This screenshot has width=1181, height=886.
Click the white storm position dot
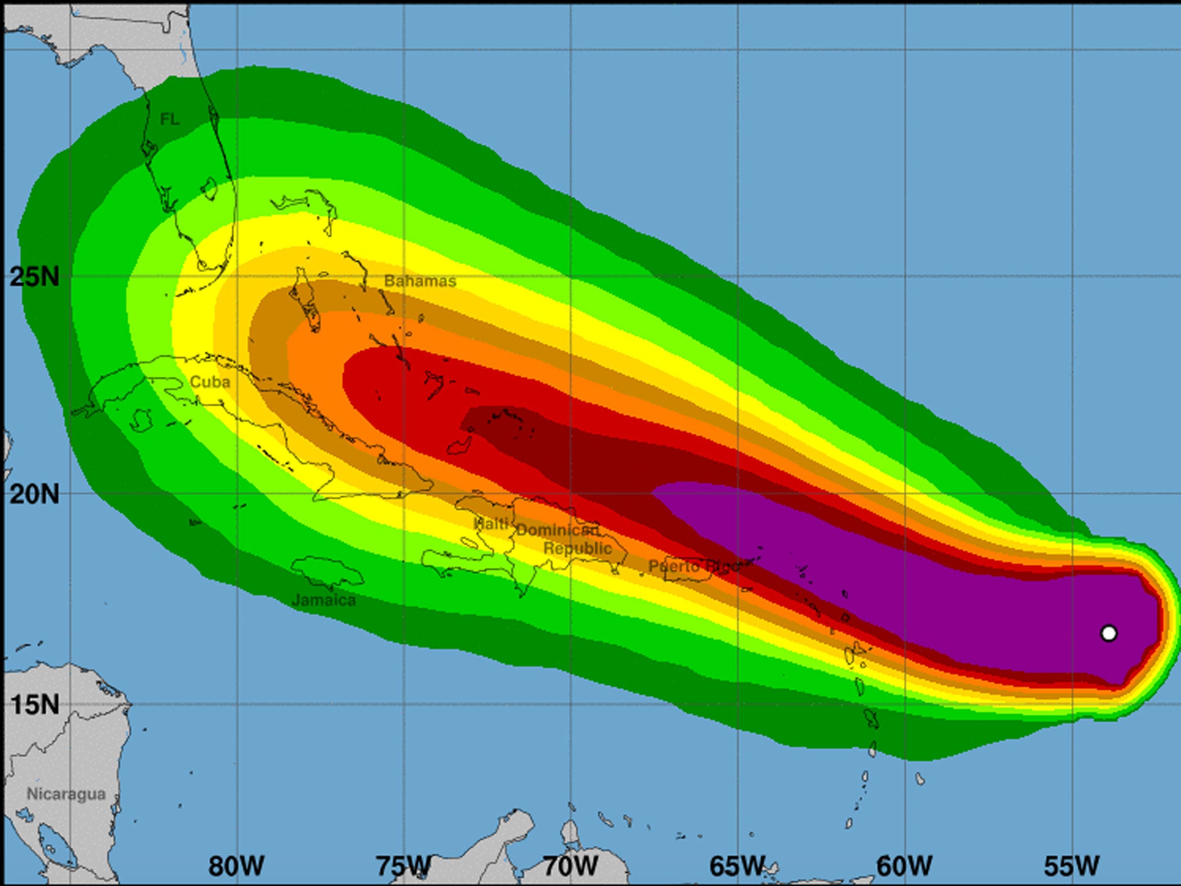pyautogui.click(x=1108, y=633)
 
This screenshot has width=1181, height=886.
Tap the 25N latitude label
pyautogui.click(x=35, y=277)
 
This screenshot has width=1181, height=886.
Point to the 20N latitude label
pyautogui.click(x=35, y=494)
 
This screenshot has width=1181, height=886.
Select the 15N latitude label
pyautogui.click(x=35, y=704)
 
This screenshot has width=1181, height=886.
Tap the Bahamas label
pyautogui.click(x=420, y=281)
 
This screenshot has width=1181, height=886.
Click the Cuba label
pyautogui.click(x=210, y=382)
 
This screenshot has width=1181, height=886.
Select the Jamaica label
pyautogui.click(x=324, y=600)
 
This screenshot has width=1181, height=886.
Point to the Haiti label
pyautogui.click(x=491, y=524)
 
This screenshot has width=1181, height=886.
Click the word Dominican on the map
pyautogui.click(x=557, y=530)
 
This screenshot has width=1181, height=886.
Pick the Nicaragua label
pyautogui.click(x=66, y=794)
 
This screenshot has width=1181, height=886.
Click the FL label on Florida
pyautogui.click(x=170, y=119)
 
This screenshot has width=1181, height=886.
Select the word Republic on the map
pyautogui.click(x=578, y=549)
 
